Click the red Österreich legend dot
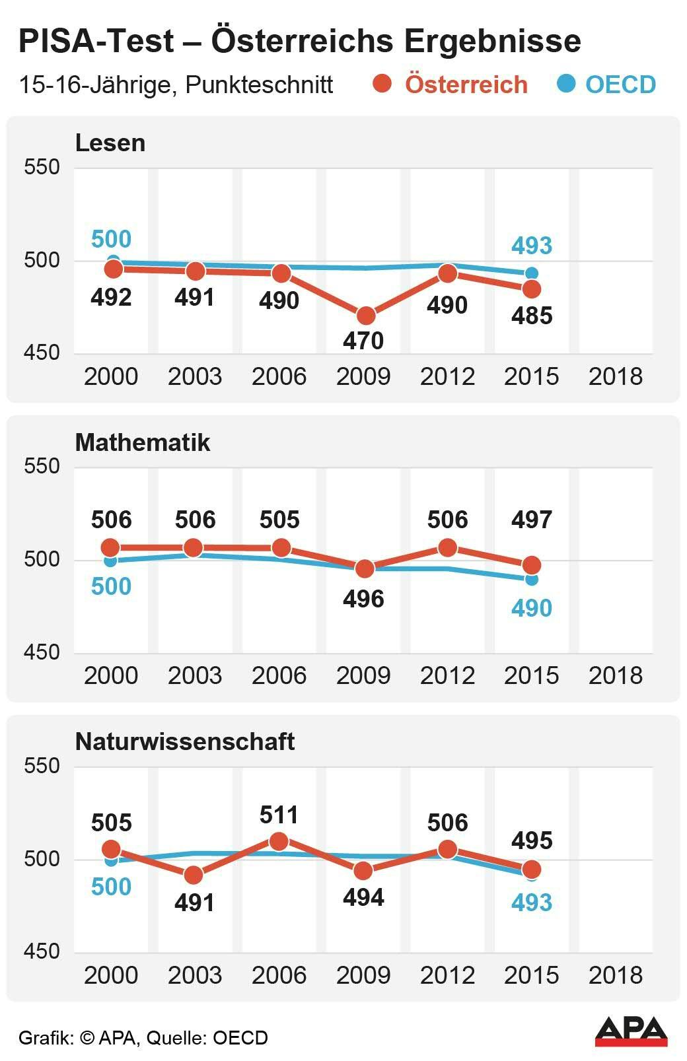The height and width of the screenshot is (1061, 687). coord(382,84)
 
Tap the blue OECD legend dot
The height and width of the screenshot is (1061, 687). coord(566,84)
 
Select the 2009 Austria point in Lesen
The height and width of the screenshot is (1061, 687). coord(364,316)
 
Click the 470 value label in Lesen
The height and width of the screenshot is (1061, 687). coord(363,341)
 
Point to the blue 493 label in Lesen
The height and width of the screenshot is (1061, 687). coord(532,246)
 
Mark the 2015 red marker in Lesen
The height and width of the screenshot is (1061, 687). coord(532,289)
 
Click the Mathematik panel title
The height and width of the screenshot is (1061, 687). coord(142,442)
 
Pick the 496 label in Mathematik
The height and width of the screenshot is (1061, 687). coord(363,599)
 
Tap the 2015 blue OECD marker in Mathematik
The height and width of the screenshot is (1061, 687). coord(532,579)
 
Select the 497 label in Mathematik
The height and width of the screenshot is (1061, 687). coord(532,520)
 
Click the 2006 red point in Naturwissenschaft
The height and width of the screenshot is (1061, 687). coord(279,842)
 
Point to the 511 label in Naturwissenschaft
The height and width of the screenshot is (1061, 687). coord(279,815)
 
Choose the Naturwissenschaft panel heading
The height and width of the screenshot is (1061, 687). coord(185,741)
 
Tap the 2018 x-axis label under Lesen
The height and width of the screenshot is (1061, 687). coord(615,376)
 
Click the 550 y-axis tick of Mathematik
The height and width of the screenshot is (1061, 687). coord(42,466)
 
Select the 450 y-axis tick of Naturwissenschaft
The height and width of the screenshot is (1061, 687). coord(42,951)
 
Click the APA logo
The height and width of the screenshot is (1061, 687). coord(631,1031)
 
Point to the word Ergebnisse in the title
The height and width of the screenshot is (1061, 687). coord(493,41)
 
